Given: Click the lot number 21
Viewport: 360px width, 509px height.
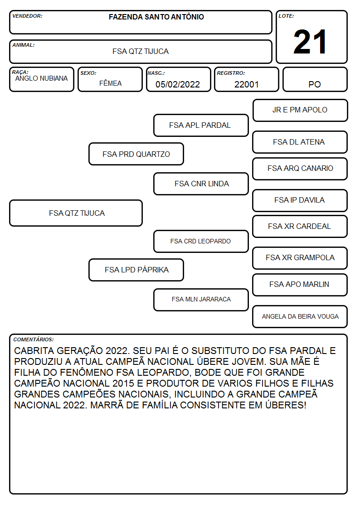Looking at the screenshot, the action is pos(310,42).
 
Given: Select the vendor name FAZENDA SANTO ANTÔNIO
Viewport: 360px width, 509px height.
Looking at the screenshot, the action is pos(156,17).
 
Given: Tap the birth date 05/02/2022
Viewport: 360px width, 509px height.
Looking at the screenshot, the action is pos(178,84).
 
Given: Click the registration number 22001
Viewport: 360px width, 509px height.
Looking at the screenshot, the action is pos(246,84).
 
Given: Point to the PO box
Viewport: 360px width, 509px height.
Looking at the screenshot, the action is pos(315,79).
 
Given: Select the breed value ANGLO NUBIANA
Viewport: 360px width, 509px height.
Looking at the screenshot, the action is pos(41,78).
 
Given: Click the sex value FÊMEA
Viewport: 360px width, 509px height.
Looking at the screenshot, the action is pos(110,83).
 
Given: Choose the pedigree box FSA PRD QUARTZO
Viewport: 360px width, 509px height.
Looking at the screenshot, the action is pos(136,154).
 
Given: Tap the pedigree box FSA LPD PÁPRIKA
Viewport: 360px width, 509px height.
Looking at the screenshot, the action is pos(136,270).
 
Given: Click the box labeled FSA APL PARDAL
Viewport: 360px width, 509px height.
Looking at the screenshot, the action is pos(201,125).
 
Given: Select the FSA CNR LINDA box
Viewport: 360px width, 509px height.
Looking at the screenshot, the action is pos(201,184).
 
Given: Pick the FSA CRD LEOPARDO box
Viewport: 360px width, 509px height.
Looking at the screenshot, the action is pos(201,241).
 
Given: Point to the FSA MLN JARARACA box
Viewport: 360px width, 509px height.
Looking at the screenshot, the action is pos(201,300).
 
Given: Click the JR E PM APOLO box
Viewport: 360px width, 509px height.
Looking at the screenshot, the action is pos(300,111).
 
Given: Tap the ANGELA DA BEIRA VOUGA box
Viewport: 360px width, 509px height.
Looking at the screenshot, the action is pos(300,316).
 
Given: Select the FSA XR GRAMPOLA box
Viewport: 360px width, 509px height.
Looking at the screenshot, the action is pos(300,258).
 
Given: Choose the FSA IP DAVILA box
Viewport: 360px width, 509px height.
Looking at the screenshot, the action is pos(300,201).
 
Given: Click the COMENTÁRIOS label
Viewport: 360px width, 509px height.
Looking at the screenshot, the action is pos(34,339).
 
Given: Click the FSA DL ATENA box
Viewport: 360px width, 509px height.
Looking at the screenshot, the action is pos(300,142).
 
